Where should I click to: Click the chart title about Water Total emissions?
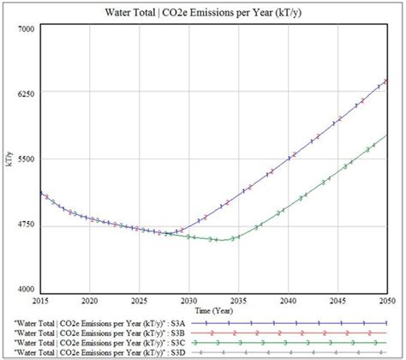(204, 14)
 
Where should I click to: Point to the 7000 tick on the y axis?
(26, 29)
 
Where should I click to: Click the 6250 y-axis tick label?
(26, 93)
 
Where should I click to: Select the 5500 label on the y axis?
(26, 159)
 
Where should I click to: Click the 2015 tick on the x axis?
(39, 302)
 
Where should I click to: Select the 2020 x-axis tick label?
(89, 302)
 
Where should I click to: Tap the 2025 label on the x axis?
(139, 302)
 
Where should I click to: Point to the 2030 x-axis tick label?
(188, 302)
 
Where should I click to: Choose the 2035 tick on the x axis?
(238, 302)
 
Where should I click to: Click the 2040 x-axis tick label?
(288, 302)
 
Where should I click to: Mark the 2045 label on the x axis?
(337, 302)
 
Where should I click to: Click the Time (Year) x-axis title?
(214, 309)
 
